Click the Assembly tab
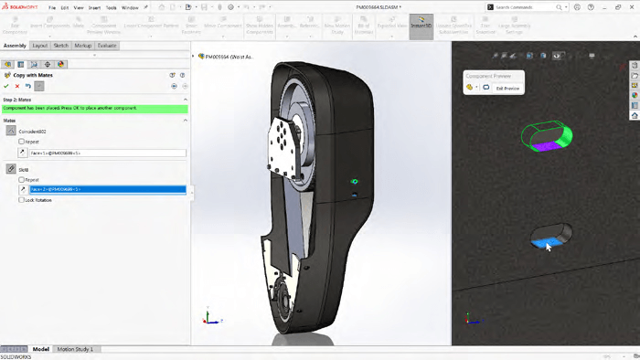tap(15, 45)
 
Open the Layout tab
tap(40, 45)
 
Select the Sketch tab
tap(61, 45)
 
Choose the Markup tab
tap(83, 45)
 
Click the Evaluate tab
tap(107, 45)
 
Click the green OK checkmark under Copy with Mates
tap(6, 86)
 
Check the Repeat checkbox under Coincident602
tap(22, 142)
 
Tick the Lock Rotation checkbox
tap(22, 200)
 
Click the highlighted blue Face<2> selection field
tap(105, 190)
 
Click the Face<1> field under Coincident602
tap(105, 153)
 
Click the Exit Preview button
tap(507, 89)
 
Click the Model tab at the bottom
tap(41, 349)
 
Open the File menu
tap(52, 6)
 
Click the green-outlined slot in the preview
tap(546, 136)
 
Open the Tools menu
tap(111, 6)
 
